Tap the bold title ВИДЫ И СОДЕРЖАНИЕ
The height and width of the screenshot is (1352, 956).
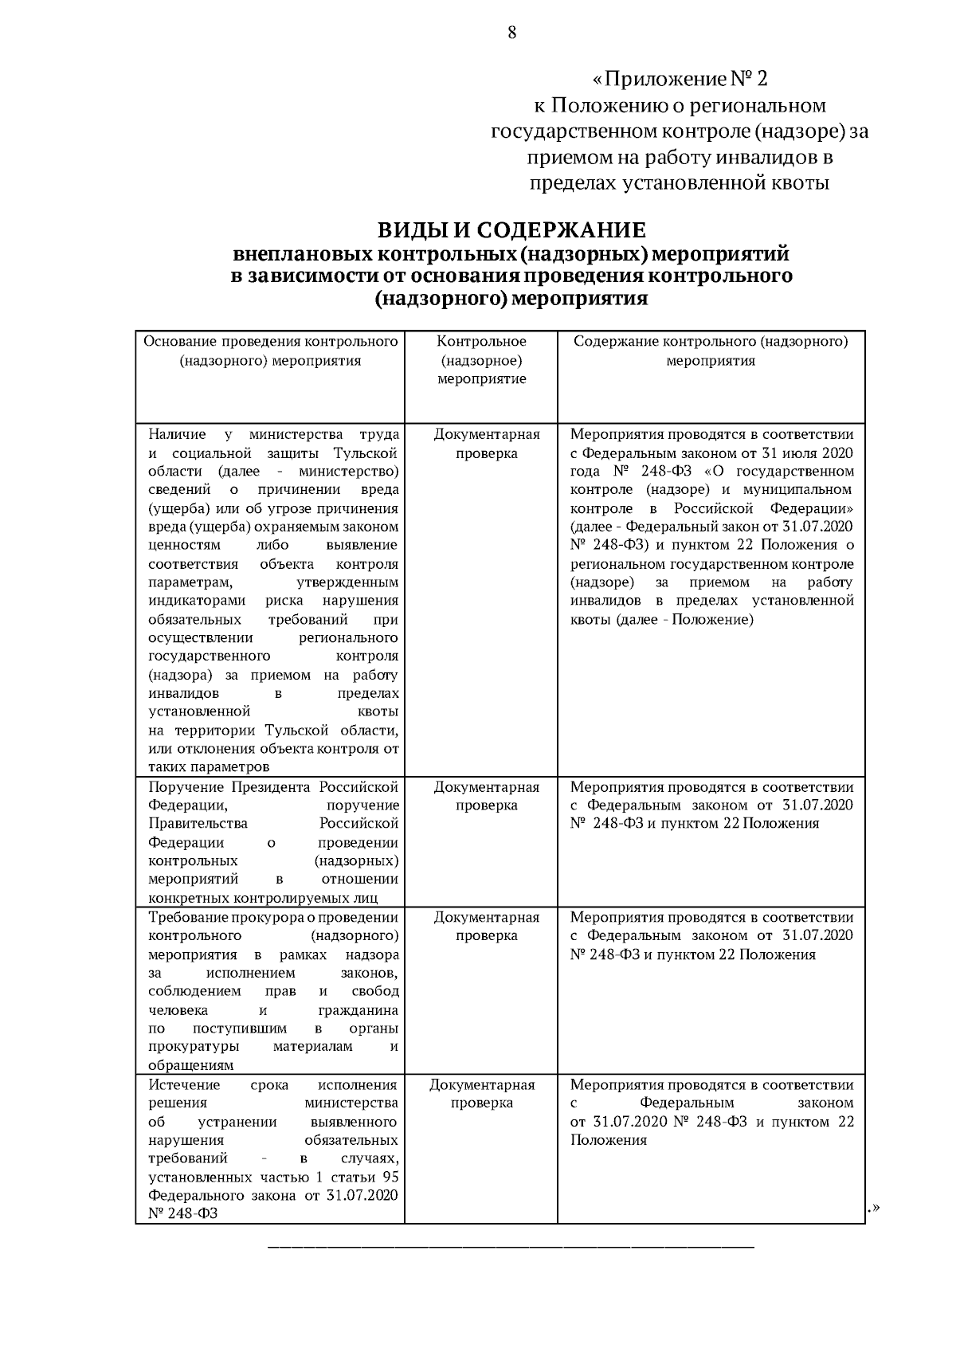click(x=511, y=231)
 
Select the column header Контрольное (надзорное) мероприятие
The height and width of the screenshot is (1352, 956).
click(x=481, y=360)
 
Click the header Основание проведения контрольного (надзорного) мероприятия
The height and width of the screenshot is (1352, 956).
click(x=270, y=351)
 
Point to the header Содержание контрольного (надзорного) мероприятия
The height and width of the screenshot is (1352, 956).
click(x=711, y=351)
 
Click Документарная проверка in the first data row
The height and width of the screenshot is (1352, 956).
click(x=487, y=444)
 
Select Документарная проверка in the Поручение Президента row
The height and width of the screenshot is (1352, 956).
click(x=486, y=796)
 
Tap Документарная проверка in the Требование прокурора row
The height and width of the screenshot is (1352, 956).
click(x=486, y=927)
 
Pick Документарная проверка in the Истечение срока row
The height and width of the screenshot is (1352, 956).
click(x=481, y=1094)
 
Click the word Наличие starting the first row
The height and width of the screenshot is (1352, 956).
click(x=177, y=434)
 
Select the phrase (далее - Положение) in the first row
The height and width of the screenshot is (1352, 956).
click(x=684, y=619)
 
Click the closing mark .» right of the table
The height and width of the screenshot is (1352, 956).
click(x=872, y=1209)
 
